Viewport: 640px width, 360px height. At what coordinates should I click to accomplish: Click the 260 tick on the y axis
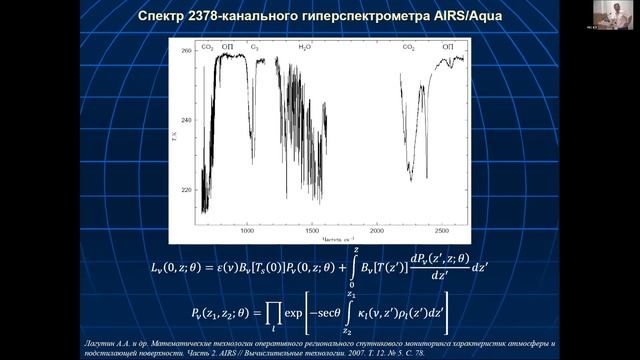[x=187, y=50]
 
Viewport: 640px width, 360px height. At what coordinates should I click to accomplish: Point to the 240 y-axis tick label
[x=187, y=119]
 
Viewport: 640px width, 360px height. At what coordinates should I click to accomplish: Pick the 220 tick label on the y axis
[x=187, y=189]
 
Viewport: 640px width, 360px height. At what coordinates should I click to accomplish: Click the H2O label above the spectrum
[x=304, y=47]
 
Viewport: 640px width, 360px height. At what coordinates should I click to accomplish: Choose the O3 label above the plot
[x=255, y=47]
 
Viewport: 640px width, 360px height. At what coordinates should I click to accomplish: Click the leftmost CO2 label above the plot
[x=208, y=47]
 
